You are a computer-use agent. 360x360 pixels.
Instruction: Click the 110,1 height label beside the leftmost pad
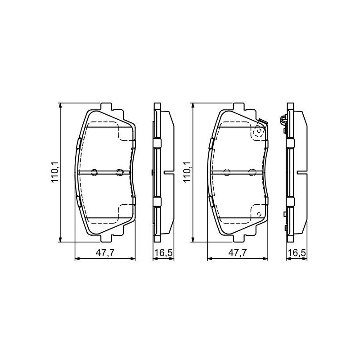55,172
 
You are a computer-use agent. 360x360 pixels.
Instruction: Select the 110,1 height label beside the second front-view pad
187,172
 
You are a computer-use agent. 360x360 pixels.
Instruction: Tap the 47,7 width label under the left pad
105,253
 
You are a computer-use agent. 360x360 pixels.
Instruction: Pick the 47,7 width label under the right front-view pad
238,253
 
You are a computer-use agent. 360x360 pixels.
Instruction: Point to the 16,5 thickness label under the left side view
163,253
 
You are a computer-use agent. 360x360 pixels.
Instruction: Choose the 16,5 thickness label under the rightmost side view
297,253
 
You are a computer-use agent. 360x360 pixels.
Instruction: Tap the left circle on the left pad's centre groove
94,172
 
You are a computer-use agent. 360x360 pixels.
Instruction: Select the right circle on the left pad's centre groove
119,172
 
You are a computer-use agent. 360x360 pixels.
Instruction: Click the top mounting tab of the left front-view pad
106,106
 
